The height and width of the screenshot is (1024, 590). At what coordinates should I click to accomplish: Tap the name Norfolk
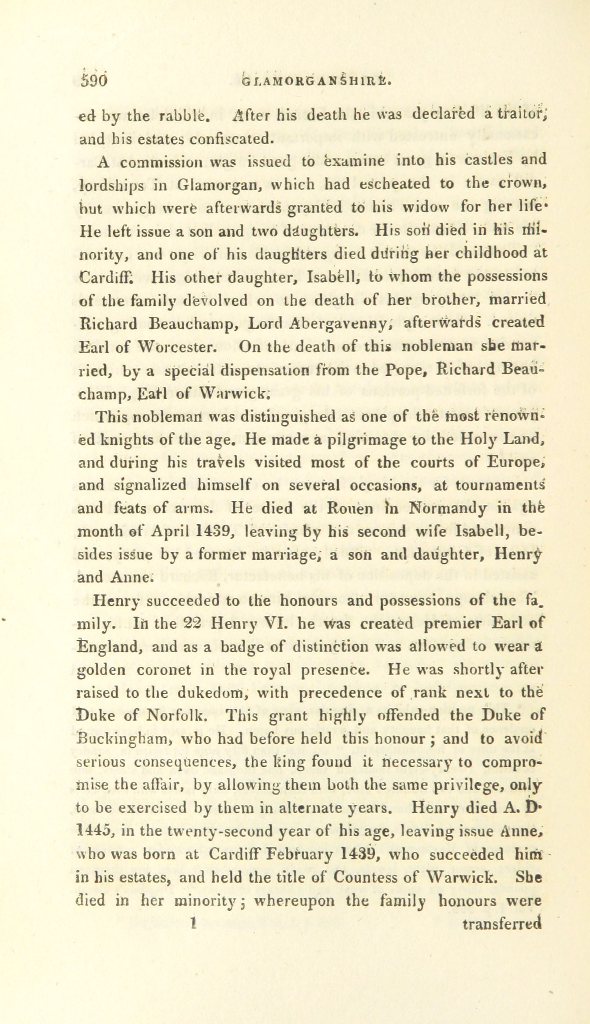(x=176, y=716)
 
